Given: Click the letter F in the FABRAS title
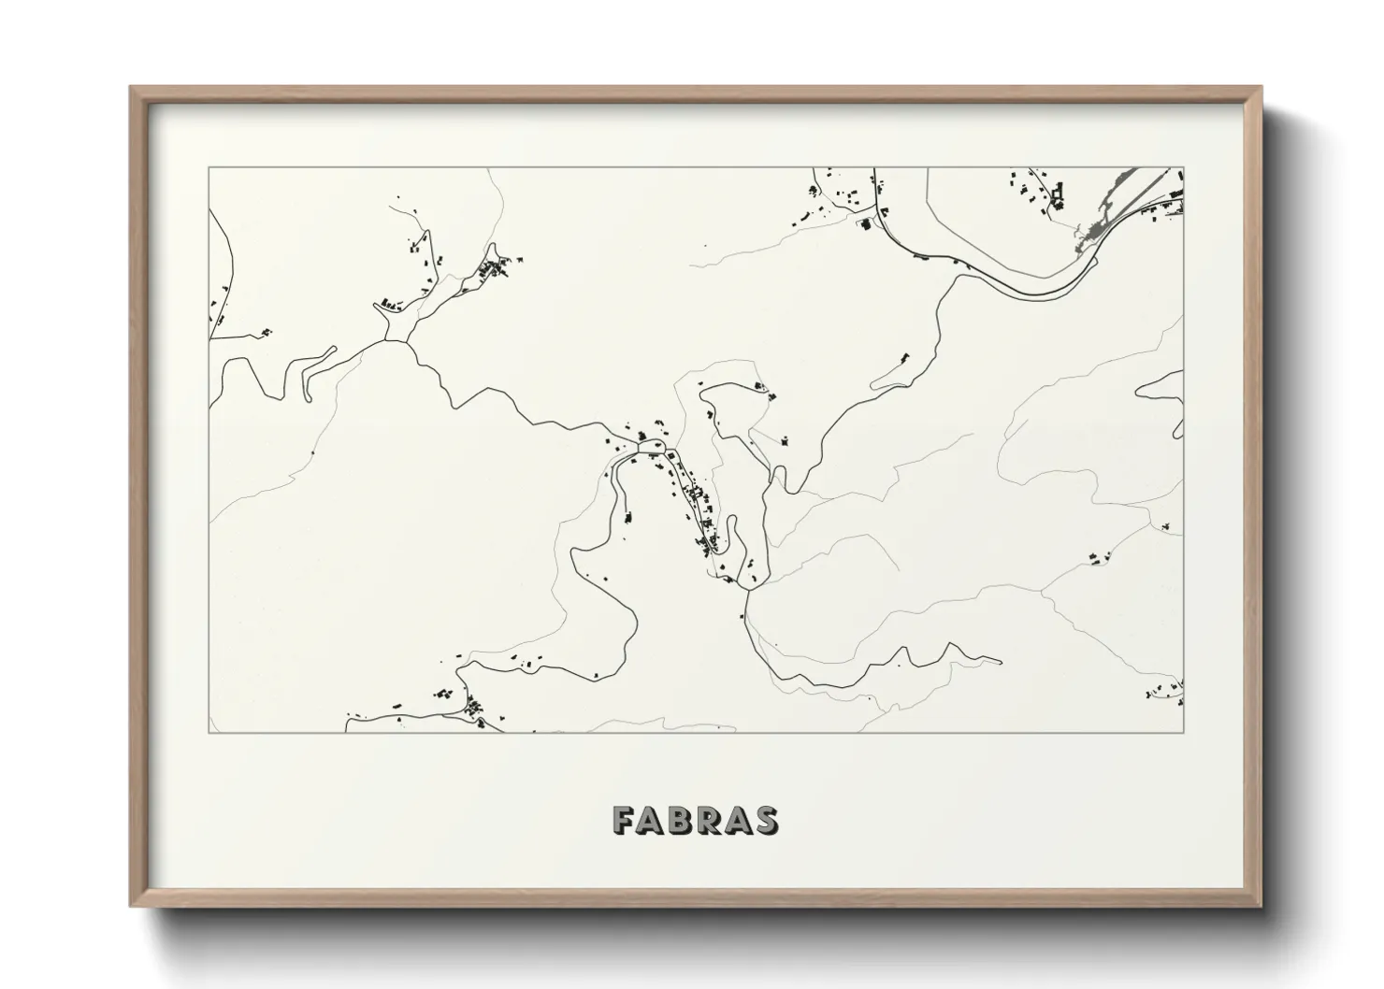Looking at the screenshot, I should coord(624,820).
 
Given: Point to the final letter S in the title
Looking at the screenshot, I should coord(765,820).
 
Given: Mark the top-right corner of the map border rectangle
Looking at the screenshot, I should coord(1184,168).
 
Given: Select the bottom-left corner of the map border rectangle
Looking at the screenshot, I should coord(209,732).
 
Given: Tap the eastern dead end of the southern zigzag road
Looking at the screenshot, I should coord(1001,663).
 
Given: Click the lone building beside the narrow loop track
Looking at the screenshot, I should coord(904,357).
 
